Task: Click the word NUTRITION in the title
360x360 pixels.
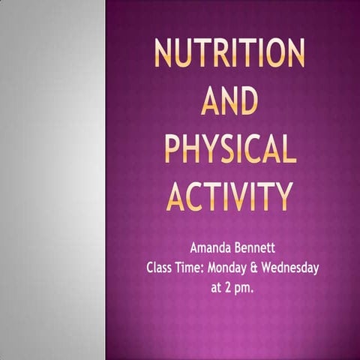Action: click(x=229, y=53)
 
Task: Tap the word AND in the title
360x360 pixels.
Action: click(x=229, y=100)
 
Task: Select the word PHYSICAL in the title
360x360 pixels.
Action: click(x=229, y=148)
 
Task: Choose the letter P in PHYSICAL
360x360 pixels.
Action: click(x=172, y=148)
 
